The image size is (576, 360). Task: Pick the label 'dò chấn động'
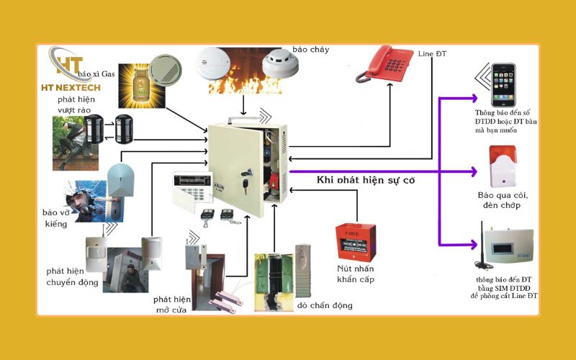[x=325, y=305]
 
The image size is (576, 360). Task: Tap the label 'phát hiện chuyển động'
[x=72, y=276]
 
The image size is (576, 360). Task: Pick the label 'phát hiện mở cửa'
[x=171, y=305]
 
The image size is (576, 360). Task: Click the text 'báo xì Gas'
[x=96, y=74]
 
